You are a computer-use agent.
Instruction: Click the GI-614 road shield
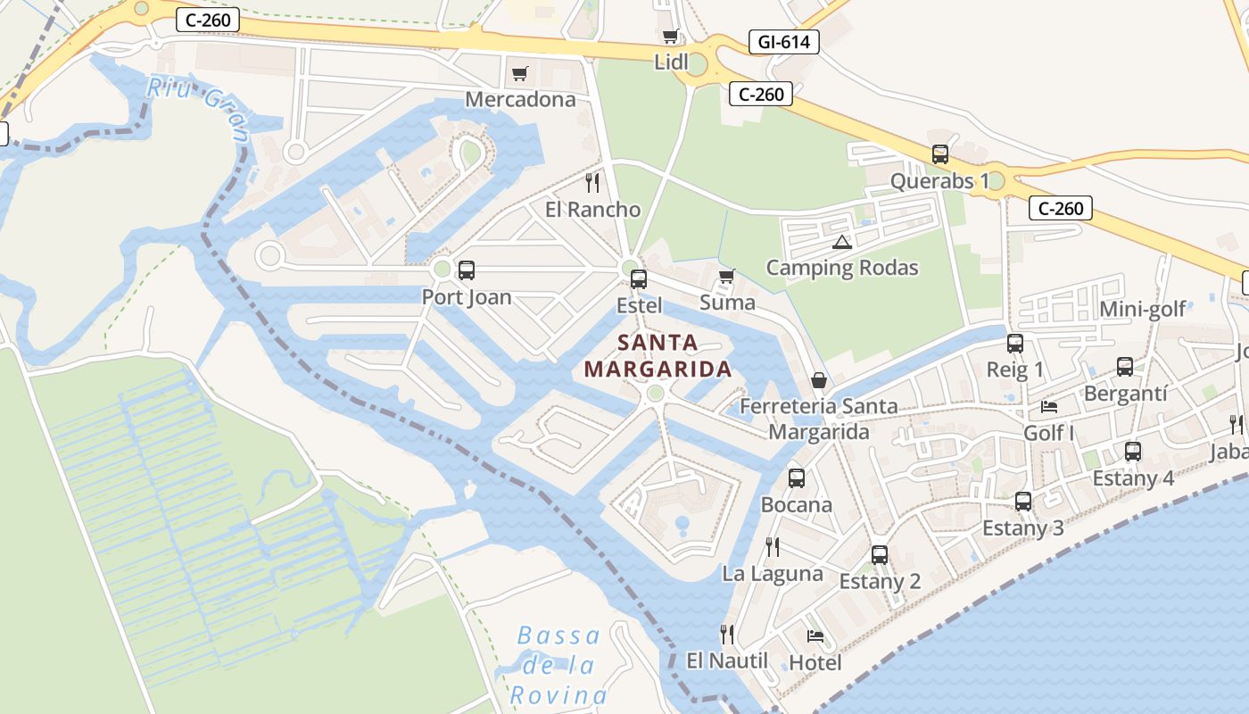(x=783, y=42)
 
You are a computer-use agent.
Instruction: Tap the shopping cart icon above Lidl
(x=670, y=37)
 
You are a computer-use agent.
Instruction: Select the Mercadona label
(x=521, y=99)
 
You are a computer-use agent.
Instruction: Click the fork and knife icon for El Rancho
(x=592, y=183)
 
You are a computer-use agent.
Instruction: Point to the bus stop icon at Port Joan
(x=466, y=270)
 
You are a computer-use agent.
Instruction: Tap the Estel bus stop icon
(x=639, y=279)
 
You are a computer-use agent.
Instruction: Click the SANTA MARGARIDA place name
(x=658, y=355)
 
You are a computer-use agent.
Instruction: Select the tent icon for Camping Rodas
(x=841, y=242)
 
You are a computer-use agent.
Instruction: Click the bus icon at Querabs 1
(x=940, y=154)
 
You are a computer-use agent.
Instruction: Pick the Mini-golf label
(x=1143, y=310)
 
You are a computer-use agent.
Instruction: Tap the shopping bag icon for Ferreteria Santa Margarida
(x=818, y=381)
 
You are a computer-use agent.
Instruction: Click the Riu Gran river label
(x=198, y=106)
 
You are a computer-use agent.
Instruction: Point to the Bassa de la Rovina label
(x=558, y=665)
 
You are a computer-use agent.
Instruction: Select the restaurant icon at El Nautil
(x=727, y=635)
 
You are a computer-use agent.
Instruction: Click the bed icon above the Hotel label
(x=815, y=636)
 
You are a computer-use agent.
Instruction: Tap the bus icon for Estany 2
(x=880, y=555)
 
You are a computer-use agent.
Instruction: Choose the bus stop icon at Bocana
(x=797, y=478)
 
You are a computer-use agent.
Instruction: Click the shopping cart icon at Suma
(x=727, y=276)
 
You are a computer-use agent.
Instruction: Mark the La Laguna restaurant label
(x=773, y=574)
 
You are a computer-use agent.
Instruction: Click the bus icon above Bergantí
(x=1125, y=367)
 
